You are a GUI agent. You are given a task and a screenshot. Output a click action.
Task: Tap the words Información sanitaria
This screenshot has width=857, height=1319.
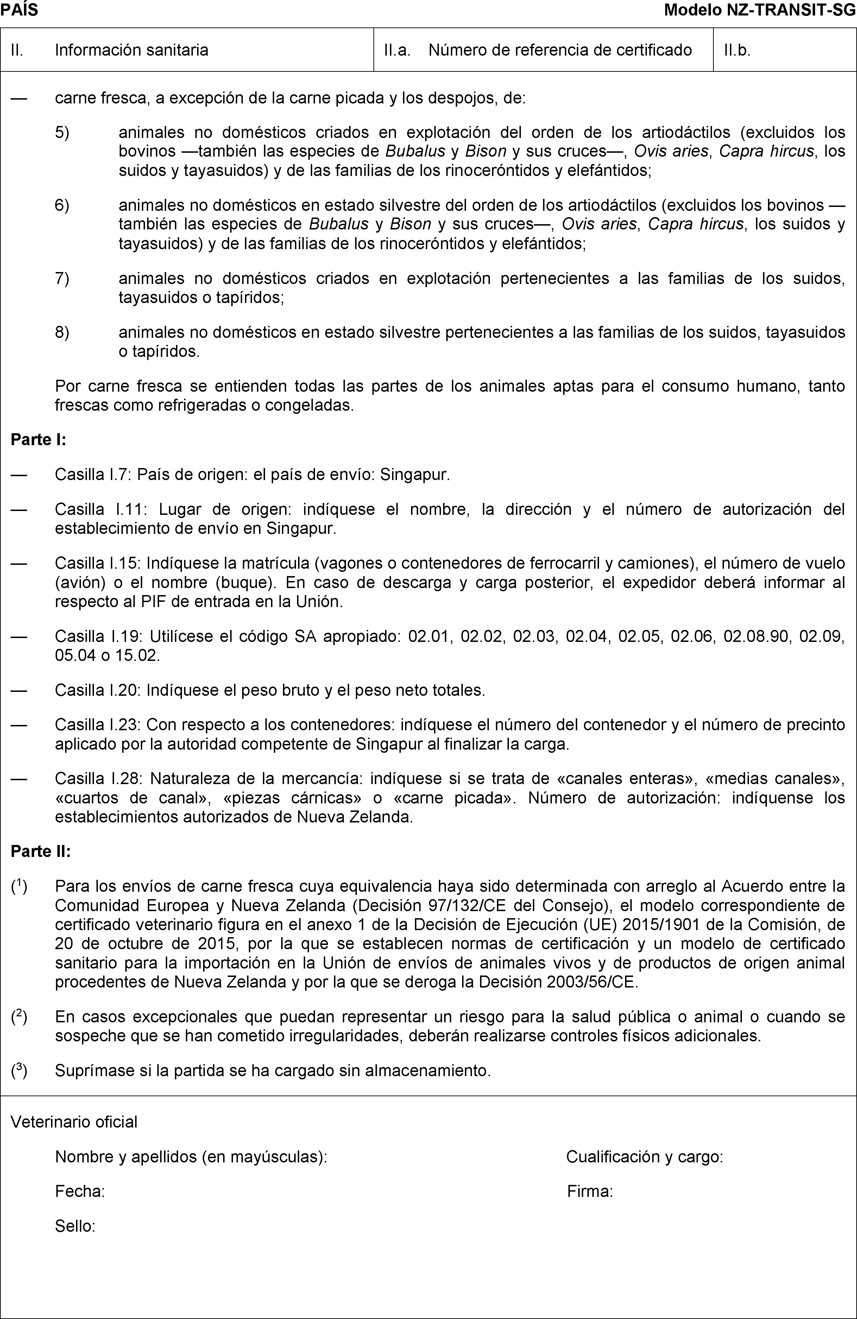point(131,50)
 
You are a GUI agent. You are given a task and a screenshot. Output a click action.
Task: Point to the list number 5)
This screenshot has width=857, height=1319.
point(62,132)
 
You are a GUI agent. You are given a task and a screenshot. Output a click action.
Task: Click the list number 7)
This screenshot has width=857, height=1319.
point(62,278)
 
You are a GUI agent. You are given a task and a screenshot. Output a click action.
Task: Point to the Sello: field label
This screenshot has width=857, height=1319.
point(75,1226)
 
